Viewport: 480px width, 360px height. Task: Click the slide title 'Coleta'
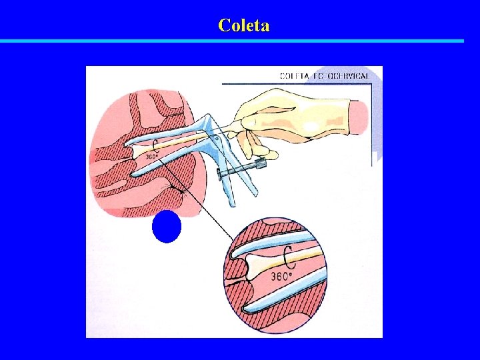pyautogui.click(x=243, y=26)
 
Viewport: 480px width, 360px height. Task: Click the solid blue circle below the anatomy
pyautogui.click(x=167, y=227)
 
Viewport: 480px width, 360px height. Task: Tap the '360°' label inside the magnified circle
pyautogui.click(x=281, y=276)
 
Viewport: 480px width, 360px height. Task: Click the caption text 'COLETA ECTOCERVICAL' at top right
pyautogui.click(x=325, y=77)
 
